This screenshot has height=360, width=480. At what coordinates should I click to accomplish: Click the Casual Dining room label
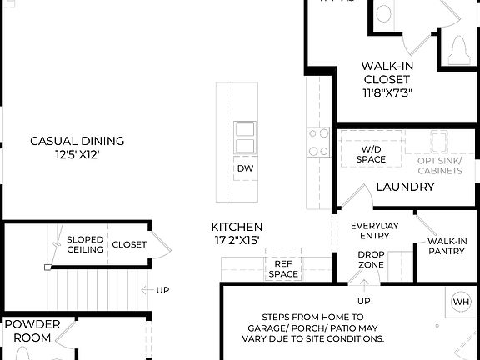pyautogui.click(x=77, y=141)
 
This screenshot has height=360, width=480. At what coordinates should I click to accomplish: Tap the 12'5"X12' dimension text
pyautogui.click(x=77, y=155)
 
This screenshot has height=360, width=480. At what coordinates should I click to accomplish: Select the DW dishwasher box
pyautogui.click(x=245, y=168)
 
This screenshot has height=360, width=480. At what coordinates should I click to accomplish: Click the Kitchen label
pyautogui.click(x=237, y=227)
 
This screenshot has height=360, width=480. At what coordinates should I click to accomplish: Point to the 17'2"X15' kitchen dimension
pyautogui.click(x=237, y=241)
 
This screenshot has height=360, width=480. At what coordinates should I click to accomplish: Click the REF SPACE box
pyautogui.click(x=282, y=268)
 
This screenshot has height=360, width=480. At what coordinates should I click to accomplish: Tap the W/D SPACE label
pyautogui.click(x=371, y=153)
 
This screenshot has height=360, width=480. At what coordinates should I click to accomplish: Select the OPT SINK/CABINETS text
pyautogui.click(x=439, y=165)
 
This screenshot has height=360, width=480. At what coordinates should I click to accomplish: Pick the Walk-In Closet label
pyautogui.click(x=387, y=72)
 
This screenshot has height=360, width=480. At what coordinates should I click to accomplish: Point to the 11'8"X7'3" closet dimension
pyautogui.click(x=387, y=92)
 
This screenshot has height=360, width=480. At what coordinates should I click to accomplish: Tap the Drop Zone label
pyautogui.click(x=371, y=259)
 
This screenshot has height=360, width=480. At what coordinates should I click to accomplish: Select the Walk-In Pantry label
pyautogui.click(x=447, y=246)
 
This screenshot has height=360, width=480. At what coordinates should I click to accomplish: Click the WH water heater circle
pyautogui.click(x=461, y=301)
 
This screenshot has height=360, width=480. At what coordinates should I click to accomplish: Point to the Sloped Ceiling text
pyautogui.click(x=85, y=244)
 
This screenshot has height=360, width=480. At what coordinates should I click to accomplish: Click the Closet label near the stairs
pyautogui.click(x=128, y=244)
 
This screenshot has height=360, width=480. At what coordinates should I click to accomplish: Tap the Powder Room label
pyautogui.click(x=32, y=331)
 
